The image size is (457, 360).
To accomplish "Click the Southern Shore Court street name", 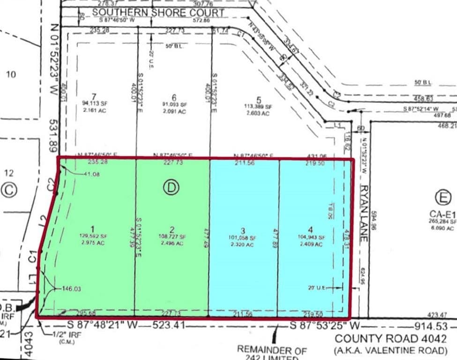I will coord(158,13).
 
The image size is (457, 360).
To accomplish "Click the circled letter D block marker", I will coord(171,187).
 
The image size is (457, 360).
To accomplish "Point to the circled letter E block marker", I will coord(442,197).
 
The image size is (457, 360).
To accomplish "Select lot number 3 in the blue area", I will coord(243,230).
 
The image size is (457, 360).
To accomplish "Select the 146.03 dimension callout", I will coord(71,289).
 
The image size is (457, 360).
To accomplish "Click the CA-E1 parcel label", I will coord(442,214).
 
